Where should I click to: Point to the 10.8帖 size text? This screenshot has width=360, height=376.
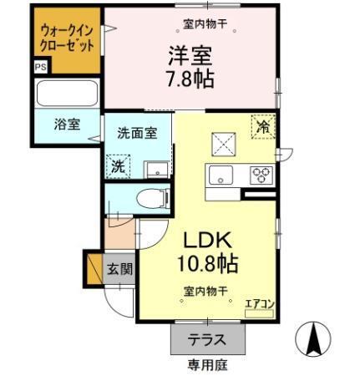pyautogui.click(x=206, y=265)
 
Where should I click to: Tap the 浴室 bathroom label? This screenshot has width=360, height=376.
pyautogui.click(x=67, y=124)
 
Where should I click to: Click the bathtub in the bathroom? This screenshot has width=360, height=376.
pyautogui.click(x=67, y=93)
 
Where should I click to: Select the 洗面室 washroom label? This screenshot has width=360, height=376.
pyautogui.click(x=136, y=132)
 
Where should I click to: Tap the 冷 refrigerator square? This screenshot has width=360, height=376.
pyautogui.click(x=263, y=127)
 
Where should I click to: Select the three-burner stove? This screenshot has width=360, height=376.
pyautogui.click(x=262, y=175)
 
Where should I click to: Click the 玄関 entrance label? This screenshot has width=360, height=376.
pyautogui.click(x=119, y=269)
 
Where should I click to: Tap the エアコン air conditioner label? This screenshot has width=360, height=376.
pyautogui.click(x=258, y=305)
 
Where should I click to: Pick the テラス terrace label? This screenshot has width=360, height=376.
pyautogui.click(x=205, y=340)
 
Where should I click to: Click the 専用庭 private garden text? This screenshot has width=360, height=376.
pyautogui.click(x=205, y=365)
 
